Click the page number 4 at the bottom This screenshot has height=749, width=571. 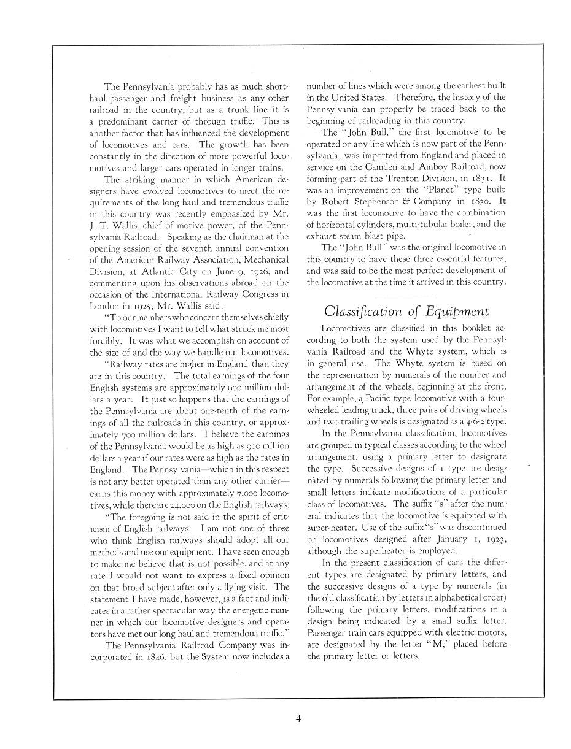click(298, 719)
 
